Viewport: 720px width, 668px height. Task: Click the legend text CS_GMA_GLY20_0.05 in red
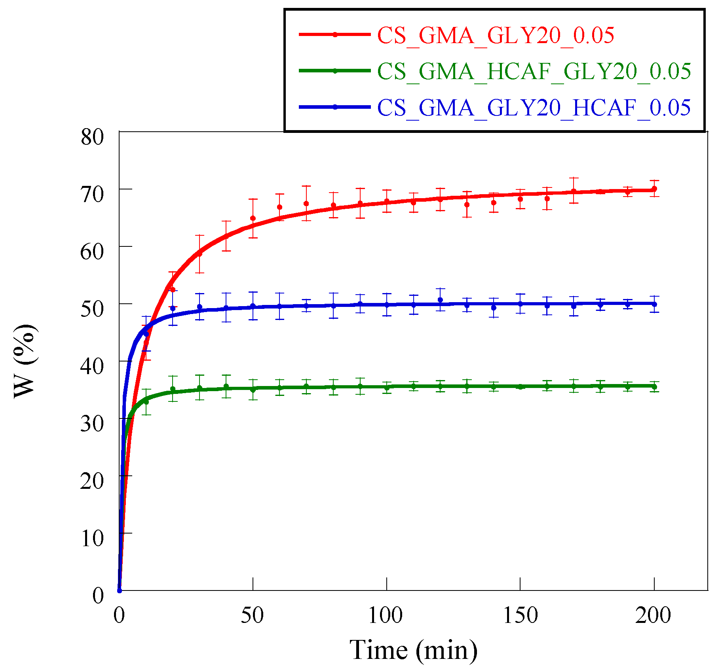point(495,36)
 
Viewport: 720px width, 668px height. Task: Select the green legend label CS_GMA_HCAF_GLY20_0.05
point(534,72)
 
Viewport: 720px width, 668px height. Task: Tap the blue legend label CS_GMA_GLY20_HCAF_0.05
point(534,108)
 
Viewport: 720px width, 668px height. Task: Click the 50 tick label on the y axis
point(92,309)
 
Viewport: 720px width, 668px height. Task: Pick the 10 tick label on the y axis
point(92,538)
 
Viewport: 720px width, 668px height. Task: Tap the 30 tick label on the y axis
point(92,424)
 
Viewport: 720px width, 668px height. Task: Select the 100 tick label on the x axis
point(386,615)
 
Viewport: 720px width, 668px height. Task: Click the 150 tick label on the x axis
point(520,615)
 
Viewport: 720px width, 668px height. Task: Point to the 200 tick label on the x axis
point(653,615)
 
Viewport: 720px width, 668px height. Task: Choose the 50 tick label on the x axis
point(252,615)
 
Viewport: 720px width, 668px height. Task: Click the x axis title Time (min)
point(413,650)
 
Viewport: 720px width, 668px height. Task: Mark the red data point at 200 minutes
point(654,189)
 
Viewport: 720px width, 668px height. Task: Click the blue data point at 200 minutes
point(654,304)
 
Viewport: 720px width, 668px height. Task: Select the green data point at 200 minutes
point(654,387)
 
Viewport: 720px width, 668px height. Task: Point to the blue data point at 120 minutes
point(440,300)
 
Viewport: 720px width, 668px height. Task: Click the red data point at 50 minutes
point(253,218)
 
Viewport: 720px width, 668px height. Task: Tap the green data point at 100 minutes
point(387,388)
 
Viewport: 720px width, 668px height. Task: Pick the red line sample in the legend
point(334,35)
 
